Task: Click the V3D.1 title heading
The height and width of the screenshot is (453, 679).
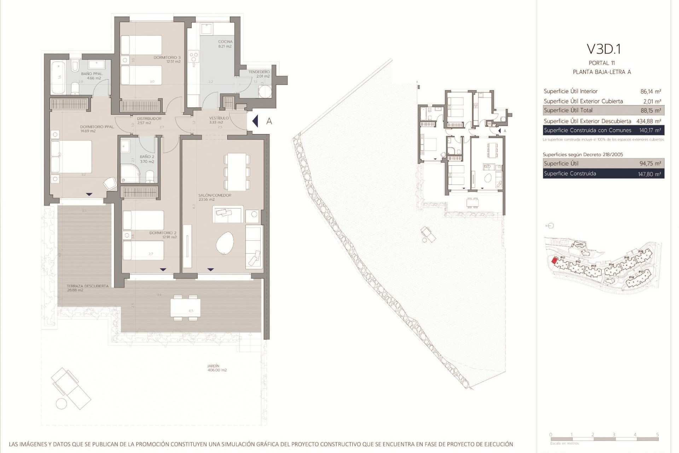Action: (x=603, y=49)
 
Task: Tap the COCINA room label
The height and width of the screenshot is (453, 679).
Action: (x=225, y=42)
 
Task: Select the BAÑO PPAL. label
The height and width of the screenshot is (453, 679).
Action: (x=92, y=74)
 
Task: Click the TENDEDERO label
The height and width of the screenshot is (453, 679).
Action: (x=259, y=72)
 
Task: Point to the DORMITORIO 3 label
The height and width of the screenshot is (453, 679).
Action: (x=167, y=57)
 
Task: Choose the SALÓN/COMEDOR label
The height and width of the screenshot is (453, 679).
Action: (x=215, y=195)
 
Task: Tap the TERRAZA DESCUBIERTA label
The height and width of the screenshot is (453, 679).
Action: (x=88, y=286)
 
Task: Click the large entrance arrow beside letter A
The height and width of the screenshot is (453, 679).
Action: (x=255, y=121)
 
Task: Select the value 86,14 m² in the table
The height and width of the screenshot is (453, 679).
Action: (x=650, y=91)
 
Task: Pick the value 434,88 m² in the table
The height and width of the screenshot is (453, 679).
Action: (x=649, y=121)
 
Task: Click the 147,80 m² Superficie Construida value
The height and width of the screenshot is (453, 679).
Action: (x=649, y=174)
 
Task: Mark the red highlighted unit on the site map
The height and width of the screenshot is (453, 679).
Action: (x=555, y=261)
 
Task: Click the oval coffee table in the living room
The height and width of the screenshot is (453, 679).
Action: (x=225, y=243)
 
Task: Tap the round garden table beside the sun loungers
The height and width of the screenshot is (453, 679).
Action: (x=62, y=404)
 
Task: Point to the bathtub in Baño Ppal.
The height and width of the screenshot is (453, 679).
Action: (x=58, y=78)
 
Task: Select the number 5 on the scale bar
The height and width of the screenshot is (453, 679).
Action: (x=657, y=435)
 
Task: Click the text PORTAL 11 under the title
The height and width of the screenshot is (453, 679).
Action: (x=602, y=63)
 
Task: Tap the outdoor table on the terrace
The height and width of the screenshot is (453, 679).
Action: (x=185, y=308)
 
